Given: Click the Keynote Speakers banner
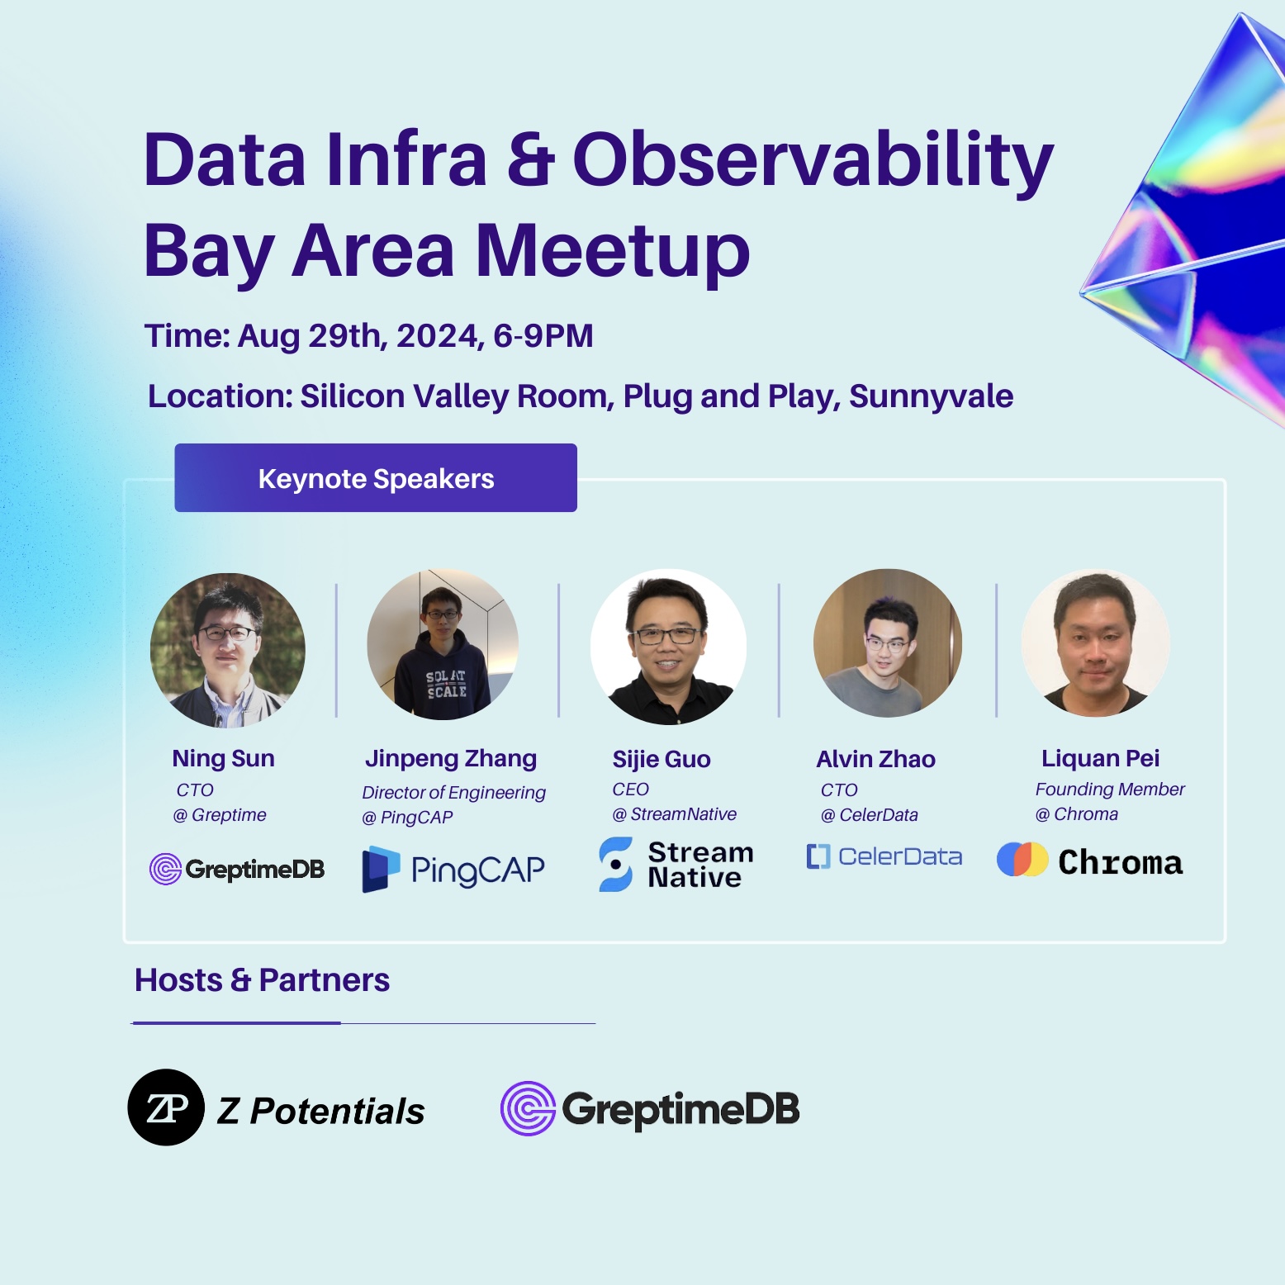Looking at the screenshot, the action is pos(376,478).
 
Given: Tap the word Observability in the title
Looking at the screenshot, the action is pos(813,159).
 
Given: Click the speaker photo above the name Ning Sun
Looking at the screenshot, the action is pos(228,650).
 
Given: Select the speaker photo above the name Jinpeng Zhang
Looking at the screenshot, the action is pos(443,644).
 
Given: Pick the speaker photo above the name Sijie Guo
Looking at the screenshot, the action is pos(669,647).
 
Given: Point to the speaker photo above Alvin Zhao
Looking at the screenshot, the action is pos(888,642).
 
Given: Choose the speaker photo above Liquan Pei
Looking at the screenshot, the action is pos(1096,642).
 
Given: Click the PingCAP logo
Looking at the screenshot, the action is pos(453,869).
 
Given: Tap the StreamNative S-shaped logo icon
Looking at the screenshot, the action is pos(616,864).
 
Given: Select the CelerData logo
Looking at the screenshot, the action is pos(884,856).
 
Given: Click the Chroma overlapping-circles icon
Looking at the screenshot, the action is pos(1022,860).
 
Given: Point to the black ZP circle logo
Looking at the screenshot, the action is pos(166,1107).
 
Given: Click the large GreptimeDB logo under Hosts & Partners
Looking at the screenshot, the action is pos(650,1108).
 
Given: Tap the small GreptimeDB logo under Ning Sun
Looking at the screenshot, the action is pos(237,869).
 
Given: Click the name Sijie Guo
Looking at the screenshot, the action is pos(661,759).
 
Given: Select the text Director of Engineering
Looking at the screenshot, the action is pos(453,793).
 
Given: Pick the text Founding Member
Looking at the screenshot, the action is pos(1110,789).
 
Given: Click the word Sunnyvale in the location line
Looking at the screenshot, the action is pos(931,397).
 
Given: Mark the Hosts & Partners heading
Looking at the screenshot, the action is pos(262,980).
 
